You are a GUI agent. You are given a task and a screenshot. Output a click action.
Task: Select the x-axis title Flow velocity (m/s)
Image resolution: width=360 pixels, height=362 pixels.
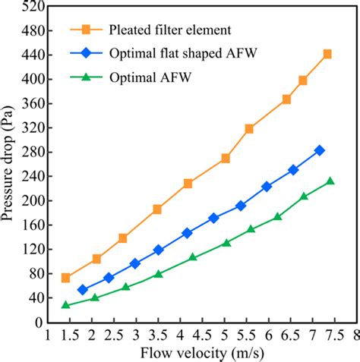tap(201, 352)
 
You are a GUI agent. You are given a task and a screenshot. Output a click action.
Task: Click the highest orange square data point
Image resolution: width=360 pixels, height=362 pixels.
tap(327, 54)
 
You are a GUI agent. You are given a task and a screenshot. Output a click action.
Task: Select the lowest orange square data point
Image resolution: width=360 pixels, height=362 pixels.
tap(65, 278)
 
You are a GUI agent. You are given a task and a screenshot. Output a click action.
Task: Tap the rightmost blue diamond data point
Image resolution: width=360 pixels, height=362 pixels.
tap(320, 150)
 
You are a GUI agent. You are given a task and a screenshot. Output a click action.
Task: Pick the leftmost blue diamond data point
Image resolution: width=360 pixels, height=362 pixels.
tap(83, 290)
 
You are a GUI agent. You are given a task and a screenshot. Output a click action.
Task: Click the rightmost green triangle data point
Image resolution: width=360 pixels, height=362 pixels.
tap(330, 181)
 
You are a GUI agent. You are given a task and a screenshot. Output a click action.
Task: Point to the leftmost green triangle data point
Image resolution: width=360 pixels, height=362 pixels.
tap(65, 304)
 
